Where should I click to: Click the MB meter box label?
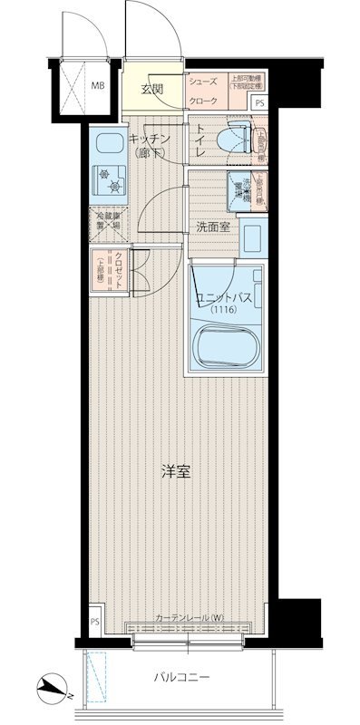click(96, 88)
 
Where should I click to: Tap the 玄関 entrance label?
click(151, 89)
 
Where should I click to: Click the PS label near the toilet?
click(260, 102)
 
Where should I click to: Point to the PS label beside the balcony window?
click(95, 622)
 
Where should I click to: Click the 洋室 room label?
click(175, 472)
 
